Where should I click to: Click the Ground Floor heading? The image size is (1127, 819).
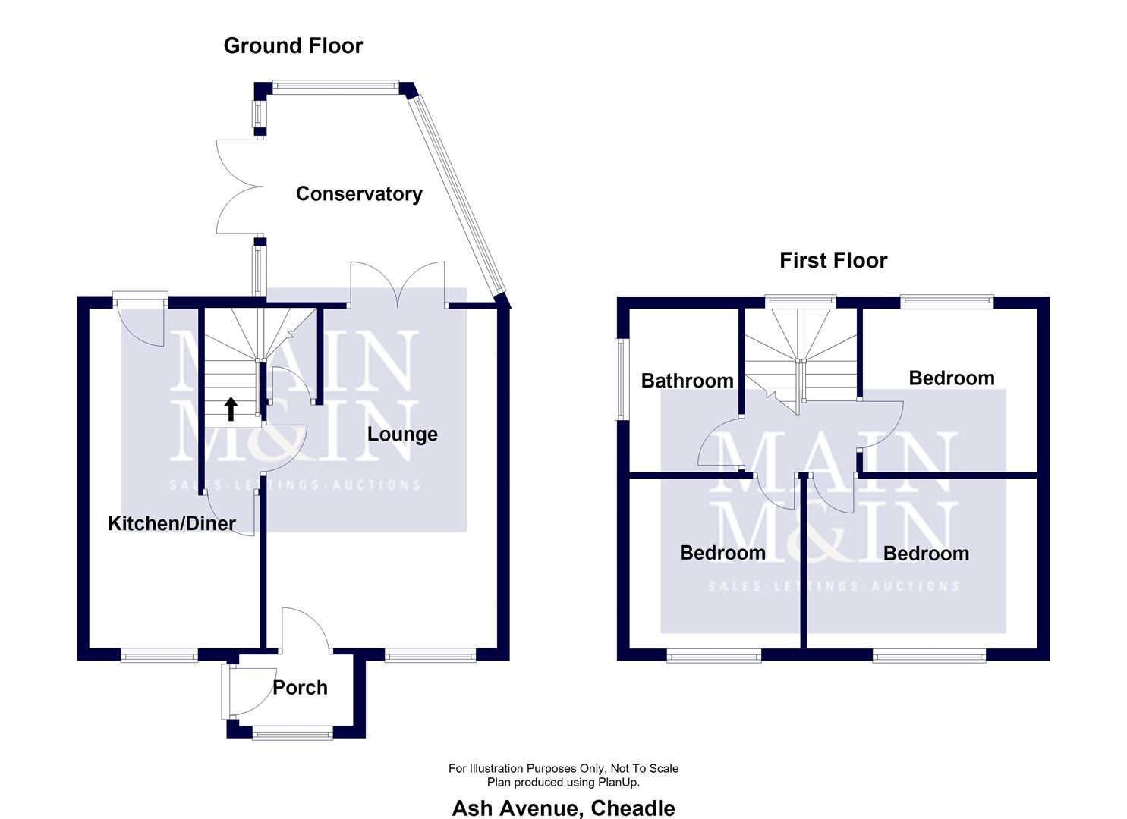[293, 45]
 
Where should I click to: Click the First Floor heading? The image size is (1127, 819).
[833, 260]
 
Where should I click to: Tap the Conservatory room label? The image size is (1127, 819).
[359, 194]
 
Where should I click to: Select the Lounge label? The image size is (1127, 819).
[402, 435]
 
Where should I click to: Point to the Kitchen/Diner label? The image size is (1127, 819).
[172, 523]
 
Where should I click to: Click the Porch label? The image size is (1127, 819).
[300, 688]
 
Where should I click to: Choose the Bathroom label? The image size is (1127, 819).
[688, 381]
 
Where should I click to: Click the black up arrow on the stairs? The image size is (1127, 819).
[231, 409]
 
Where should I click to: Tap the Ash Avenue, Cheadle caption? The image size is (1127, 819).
[563, 808]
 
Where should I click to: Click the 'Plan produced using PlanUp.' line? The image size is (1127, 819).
[563, 783]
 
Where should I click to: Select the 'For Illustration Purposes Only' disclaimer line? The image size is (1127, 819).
[563, 768]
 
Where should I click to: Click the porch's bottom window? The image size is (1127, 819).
[292, 733]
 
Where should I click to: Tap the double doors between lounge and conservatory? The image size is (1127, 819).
[398, 284]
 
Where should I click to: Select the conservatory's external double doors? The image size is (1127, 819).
[240, 187]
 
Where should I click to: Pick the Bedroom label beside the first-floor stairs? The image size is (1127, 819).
[952, 378]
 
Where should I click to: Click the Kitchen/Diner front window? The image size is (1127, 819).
[159, 654]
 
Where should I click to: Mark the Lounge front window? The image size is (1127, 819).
[430, 654]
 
